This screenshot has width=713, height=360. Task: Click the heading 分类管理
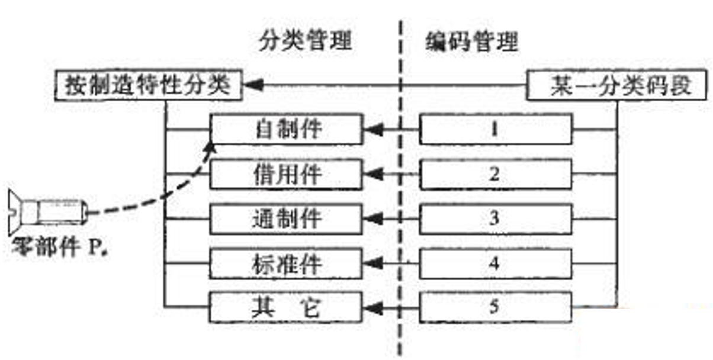[x=306, y=41]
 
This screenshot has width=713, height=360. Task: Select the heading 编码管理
[x=471, y=41]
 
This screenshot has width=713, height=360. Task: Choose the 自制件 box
[x=287, y=129]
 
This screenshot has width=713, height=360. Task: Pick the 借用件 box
[x=287, y=174]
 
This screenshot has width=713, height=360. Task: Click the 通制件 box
[x=287, y=218]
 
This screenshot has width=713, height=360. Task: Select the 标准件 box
[x=287, y=263]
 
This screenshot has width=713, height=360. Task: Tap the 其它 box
[x=287, y=308]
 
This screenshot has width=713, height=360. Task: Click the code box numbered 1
[x=496, y=129]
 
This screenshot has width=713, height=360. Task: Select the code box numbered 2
[x=496, y=174]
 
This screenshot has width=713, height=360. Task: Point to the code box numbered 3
[x=496, y=218]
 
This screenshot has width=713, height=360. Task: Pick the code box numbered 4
[x=496, y=263]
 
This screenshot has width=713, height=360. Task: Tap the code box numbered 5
[x=496, y=308]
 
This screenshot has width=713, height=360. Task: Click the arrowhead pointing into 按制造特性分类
[x=253, y=87]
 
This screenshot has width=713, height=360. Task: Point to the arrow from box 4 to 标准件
[x=391, y=263]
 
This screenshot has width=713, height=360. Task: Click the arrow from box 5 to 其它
[x=391, y=308]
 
